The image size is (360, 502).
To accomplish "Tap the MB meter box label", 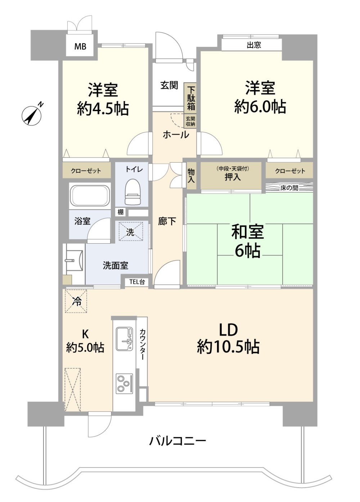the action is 80,47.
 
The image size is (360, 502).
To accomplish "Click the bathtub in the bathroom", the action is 90,196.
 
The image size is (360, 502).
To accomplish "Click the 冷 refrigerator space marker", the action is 76,301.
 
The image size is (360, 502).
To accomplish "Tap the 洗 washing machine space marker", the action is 131,231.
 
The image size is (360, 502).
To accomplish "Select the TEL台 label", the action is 137,282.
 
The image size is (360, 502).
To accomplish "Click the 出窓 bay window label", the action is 254,45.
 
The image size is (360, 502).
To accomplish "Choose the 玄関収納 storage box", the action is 190,121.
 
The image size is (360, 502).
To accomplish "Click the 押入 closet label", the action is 233,177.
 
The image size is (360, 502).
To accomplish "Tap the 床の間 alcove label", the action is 289,188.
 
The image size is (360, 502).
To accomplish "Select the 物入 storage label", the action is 191,176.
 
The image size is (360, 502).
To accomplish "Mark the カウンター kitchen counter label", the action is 142,345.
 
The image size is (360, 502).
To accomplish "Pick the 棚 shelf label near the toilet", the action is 120,212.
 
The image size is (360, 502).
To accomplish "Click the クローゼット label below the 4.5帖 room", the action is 86,171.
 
